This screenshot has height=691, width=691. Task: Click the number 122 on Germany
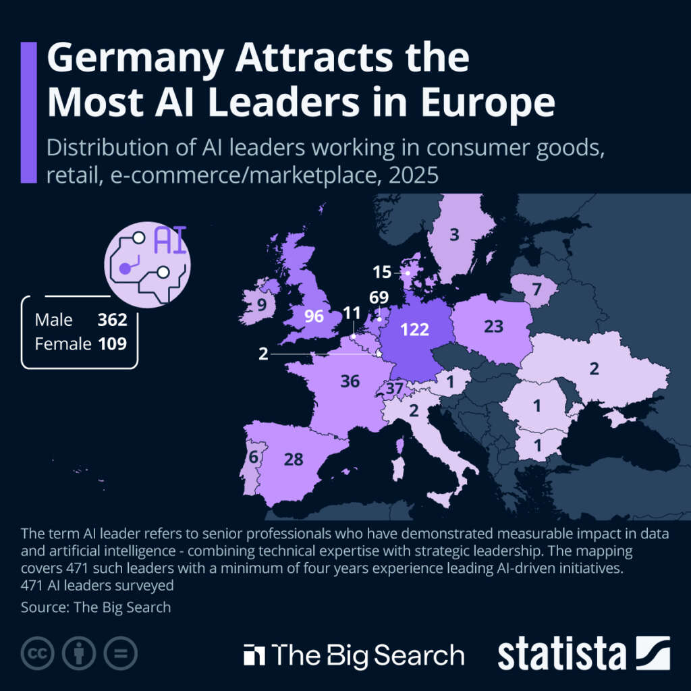pos(414,329)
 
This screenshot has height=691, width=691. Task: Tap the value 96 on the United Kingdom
pos(314,316)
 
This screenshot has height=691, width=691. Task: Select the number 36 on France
pos(350,381)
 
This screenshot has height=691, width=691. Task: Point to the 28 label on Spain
pos(294,459)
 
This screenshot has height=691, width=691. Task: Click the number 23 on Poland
pos(494,327)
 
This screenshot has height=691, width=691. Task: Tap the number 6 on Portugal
pos(254,457)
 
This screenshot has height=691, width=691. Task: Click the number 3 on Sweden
pos(454,235)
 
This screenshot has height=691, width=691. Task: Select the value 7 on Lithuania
pos(536,290)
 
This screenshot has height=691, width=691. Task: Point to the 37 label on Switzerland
pos(395,389)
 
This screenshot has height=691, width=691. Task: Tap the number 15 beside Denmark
pos(382,273)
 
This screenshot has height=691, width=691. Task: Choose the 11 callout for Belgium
pos(352,313)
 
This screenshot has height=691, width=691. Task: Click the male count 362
pos(112,319)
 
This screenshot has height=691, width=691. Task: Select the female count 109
pos(112,343)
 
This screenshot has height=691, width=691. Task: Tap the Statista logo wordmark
pos(562,654)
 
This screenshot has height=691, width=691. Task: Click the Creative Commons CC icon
pos(38,653)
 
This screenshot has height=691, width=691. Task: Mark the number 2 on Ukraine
pos(594,369)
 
